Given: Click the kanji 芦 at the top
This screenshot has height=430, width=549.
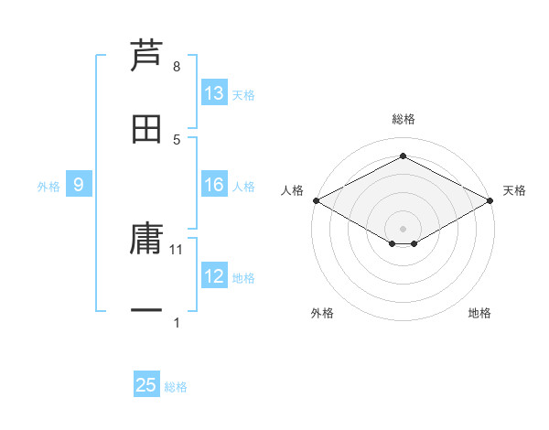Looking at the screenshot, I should [x=147, y=56].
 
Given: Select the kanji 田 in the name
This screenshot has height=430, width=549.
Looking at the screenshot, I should [x=147, y=128].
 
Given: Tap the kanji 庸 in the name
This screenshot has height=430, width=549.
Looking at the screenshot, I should [x=147, y=240].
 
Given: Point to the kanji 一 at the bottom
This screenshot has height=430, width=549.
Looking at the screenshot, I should [x=147, y=312].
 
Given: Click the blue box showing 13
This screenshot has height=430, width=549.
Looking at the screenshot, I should [x=214, y=93].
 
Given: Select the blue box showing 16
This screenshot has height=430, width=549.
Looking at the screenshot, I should [x=214, y=186].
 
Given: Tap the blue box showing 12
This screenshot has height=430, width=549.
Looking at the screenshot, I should [x=214, y=276].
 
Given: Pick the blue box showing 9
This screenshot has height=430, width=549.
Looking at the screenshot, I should [x=79, y=186].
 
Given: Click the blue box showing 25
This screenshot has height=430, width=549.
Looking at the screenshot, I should [x=146, y=385].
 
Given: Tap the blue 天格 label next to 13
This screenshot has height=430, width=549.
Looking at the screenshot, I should [x=243, y=94].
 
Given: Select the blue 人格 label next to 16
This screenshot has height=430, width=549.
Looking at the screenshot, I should [x=243, y=187].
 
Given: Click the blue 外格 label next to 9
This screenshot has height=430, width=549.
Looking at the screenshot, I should [x=48, y=187].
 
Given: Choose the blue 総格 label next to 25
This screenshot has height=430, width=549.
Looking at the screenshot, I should [x=176, y=386].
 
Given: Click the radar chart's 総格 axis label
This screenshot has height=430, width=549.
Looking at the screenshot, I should [x=403, y=119].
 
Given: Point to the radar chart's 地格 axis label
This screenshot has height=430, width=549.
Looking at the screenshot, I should [x=479, y=313].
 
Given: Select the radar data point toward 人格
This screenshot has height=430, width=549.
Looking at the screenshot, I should [x=316, y=200].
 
